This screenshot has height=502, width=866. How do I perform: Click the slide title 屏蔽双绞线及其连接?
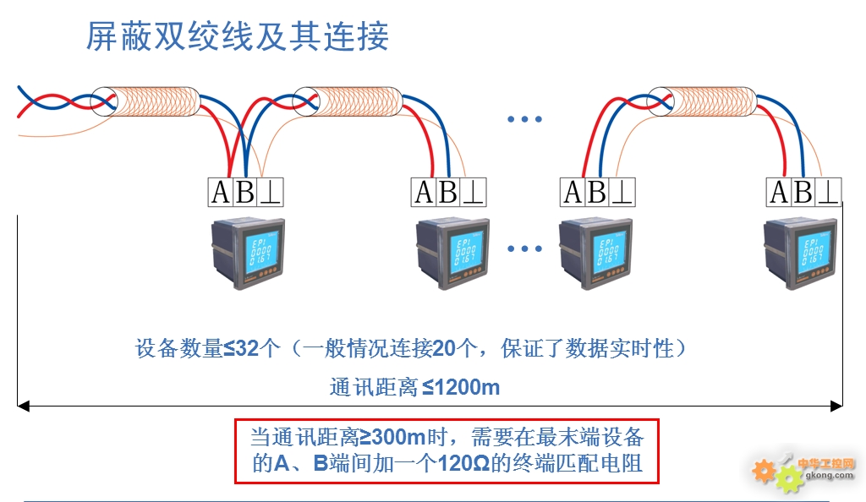(238, 36)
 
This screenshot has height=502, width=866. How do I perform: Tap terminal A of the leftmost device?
(221, 193)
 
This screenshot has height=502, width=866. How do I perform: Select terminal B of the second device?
(448, 193)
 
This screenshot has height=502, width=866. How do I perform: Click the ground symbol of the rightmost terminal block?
(829, 193)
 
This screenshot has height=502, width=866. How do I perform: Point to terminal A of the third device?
(573, 193)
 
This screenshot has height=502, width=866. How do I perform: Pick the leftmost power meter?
(248, 254)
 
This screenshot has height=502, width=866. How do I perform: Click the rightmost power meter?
(800, 254)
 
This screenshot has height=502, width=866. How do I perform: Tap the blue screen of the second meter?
(467, 252)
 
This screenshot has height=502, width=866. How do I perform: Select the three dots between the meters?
(524, 248)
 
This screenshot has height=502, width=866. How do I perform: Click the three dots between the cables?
(524, 119)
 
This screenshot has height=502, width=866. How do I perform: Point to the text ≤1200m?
(461, 387)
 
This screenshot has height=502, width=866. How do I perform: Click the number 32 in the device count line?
(248, 348)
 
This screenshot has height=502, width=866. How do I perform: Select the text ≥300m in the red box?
(392, 438)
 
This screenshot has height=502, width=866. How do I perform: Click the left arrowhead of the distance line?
(23, 407)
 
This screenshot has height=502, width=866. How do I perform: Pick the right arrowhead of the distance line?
(836, 407)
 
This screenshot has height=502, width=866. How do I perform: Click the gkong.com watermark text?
(829, 475)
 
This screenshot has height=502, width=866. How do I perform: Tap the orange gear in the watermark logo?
(764, 471)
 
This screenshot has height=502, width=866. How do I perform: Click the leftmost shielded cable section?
(145, 101)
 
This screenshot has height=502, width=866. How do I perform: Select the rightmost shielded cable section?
(701, 101)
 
